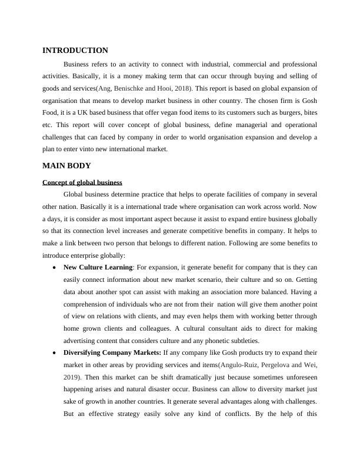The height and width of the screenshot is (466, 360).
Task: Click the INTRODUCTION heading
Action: pyautogui.click(x=75, y=51)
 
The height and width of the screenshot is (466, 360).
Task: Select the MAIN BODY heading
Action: pyautogui.click(x=66, y=166)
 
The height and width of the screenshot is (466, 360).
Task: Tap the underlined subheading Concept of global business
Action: pyautogui.click(x=82, y=182)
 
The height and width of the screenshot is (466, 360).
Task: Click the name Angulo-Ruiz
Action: pyautogui.click(x=241, y=365)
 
